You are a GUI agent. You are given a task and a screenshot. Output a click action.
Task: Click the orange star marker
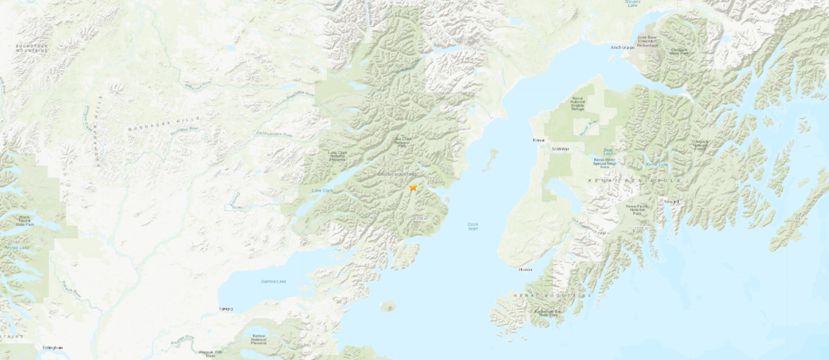pos(413,187)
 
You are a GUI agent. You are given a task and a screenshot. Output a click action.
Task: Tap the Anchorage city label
pos(622,47)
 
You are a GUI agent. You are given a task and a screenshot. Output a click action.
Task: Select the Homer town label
pos(526,269)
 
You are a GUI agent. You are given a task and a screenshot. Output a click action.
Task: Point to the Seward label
pos(671,201)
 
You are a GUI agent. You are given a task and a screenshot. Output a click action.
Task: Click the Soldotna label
pos(560,149)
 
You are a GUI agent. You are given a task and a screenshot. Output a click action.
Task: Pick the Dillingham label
pos(53,348)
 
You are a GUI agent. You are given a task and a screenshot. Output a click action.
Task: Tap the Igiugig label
pos(226,308)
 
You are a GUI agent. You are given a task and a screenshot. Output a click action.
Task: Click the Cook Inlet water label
pos(473,226)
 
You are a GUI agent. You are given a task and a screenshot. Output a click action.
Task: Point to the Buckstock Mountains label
pos(32,48)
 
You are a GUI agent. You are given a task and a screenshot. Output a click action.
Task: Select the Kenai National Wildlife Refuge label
pos(578,104)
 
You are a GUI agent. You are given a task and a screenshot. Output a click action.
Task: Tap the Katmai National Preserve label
pos(259,339)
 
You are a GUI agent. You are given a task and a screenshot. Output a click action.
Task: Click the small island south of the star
pos(388,306)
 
